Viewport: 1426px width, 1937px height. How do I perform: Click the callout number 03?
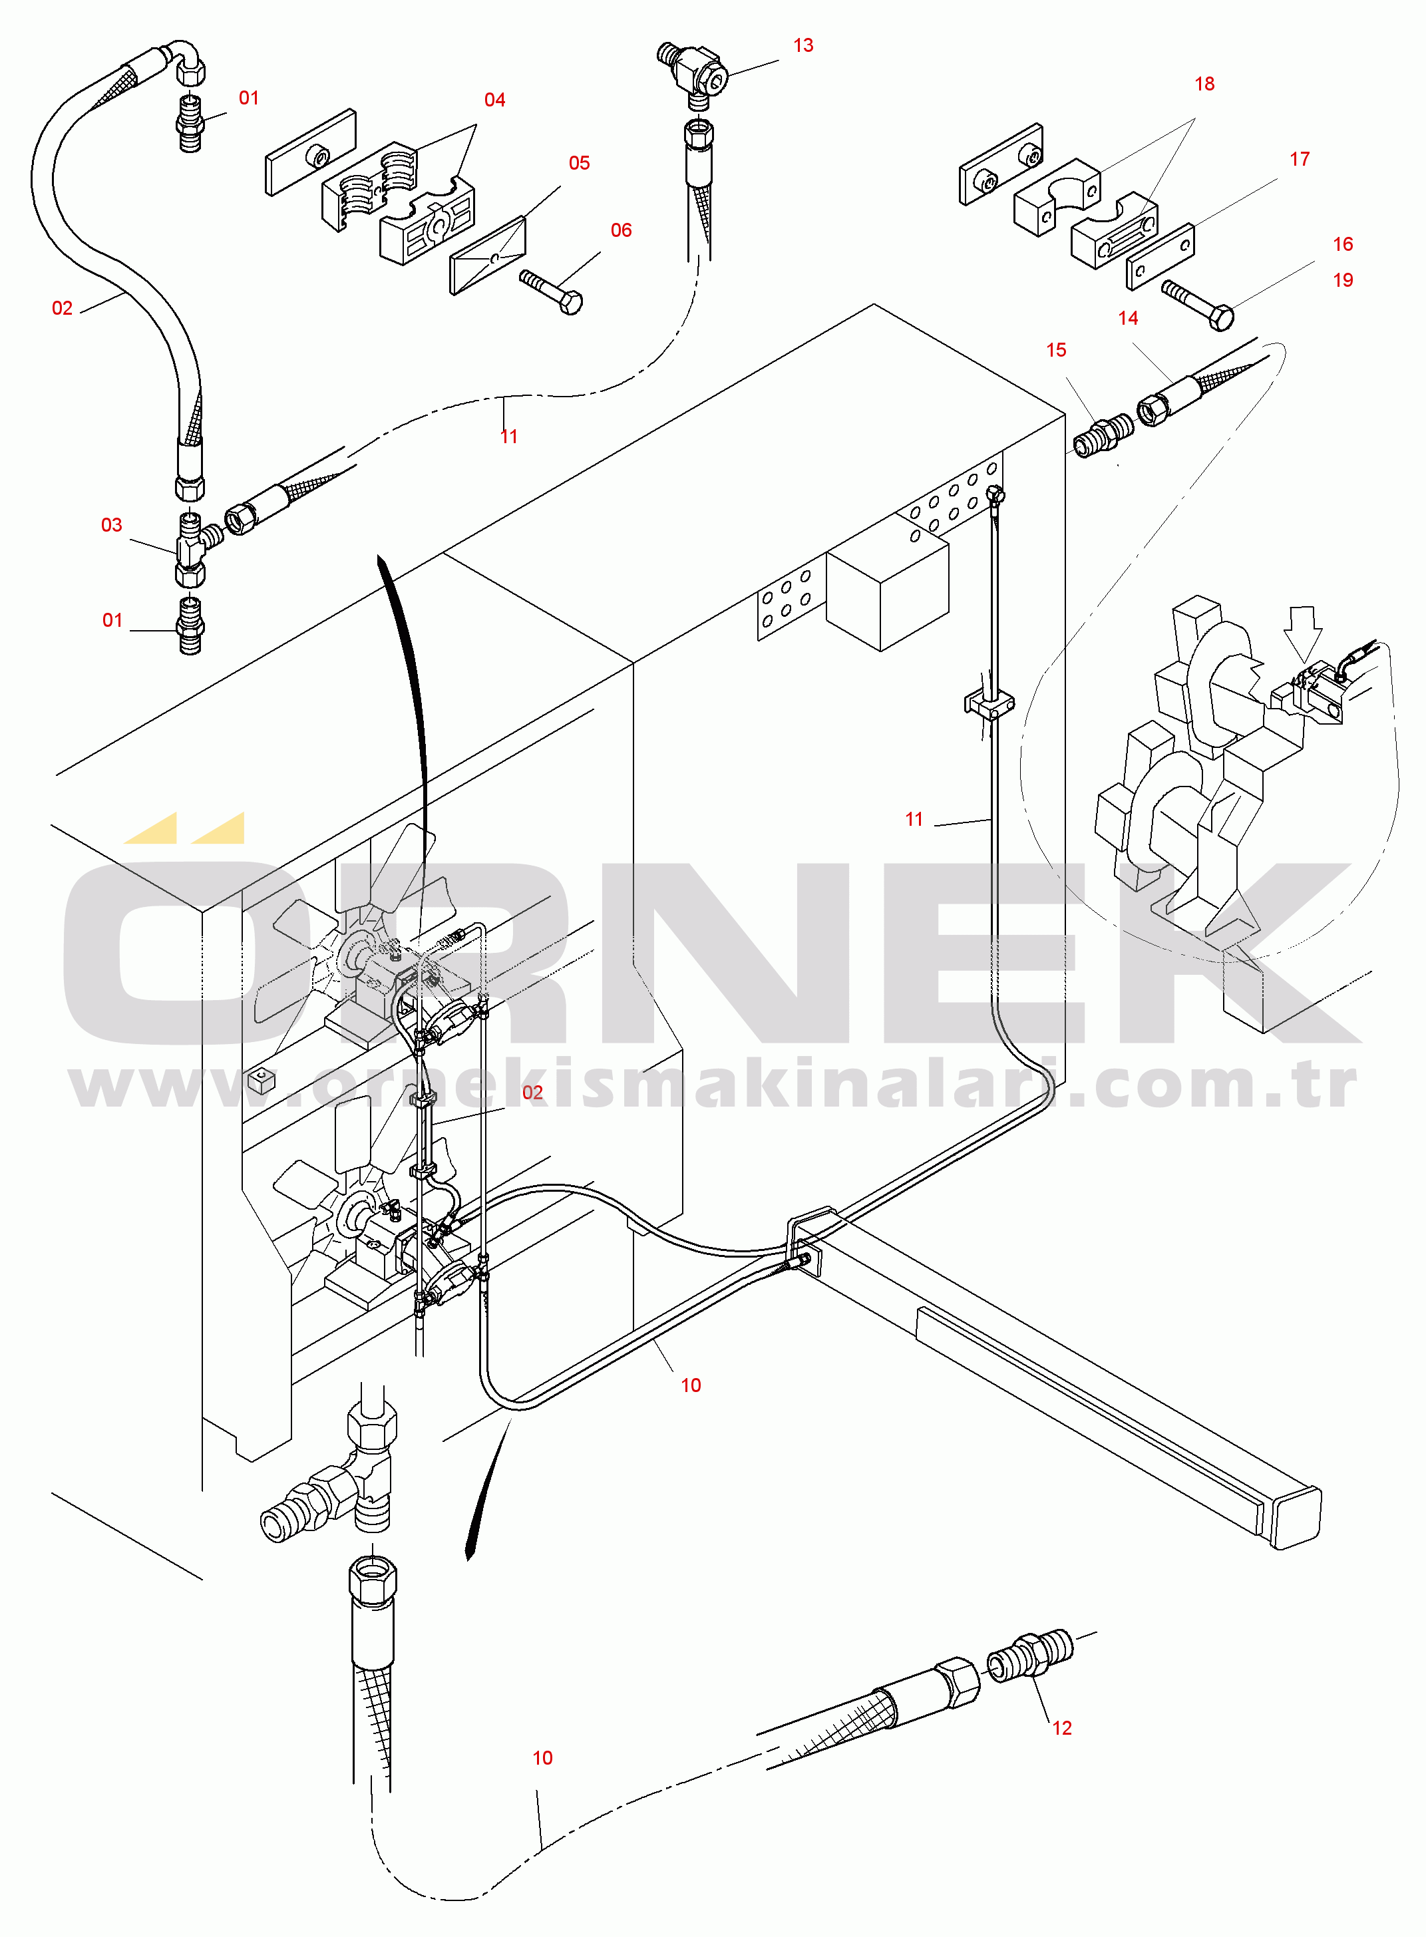[111, 525]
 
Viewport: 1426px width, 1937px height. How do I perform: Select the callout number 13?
[802, 45]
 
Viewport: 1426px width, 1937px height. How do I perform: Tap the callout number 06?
[621, 230]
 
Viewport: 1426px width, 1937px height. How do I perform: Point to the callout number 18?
[1204, 84]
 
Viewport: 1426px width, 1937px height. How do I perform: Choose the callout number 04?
[494, 100]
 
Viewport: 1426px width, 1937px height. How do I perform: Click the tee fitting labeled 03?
[195, 549]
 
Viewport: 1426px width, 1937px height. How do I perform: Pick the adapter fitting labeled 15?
[1103, 435]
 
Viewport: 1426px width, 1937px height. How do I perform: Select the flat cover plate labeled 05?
[488, 256]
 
